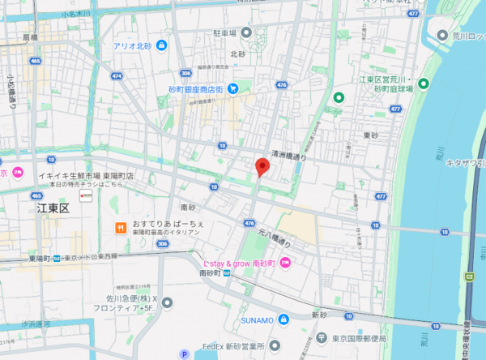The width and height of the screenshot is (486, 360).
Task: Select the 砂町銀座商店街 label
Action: coord(196,88)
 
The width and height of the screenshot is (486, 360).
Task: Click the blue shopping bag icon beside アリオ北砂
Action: coord(162,45)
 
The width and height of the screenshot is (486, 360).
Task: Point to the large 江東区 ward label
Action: coord(54,209)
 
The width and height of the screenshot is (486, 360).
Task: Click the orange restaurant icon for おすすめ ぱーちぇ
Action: coord(118,228)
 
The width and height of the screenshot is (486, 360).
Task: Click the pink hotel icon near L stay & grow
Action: coord(285,263)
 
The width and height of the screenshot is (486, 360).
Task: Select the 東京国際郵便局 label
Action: coord(361,339)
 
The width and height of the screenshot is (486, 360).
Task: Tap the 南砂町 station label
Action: coord(215,274)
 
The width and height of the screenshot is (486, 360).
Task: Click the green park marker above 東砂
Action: coord(339,98)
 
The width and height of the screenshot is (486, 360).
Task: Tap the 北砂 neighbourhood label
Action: coord(237,54)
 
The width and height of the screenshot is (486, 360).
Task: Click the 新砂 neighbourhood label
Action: coord(323,314)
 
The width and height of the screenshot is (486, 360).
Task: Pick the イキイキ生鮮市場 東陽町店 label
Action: coord(89,174)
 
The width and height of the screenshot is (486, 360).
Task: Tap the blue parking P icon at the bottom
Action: coord(185,354)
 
